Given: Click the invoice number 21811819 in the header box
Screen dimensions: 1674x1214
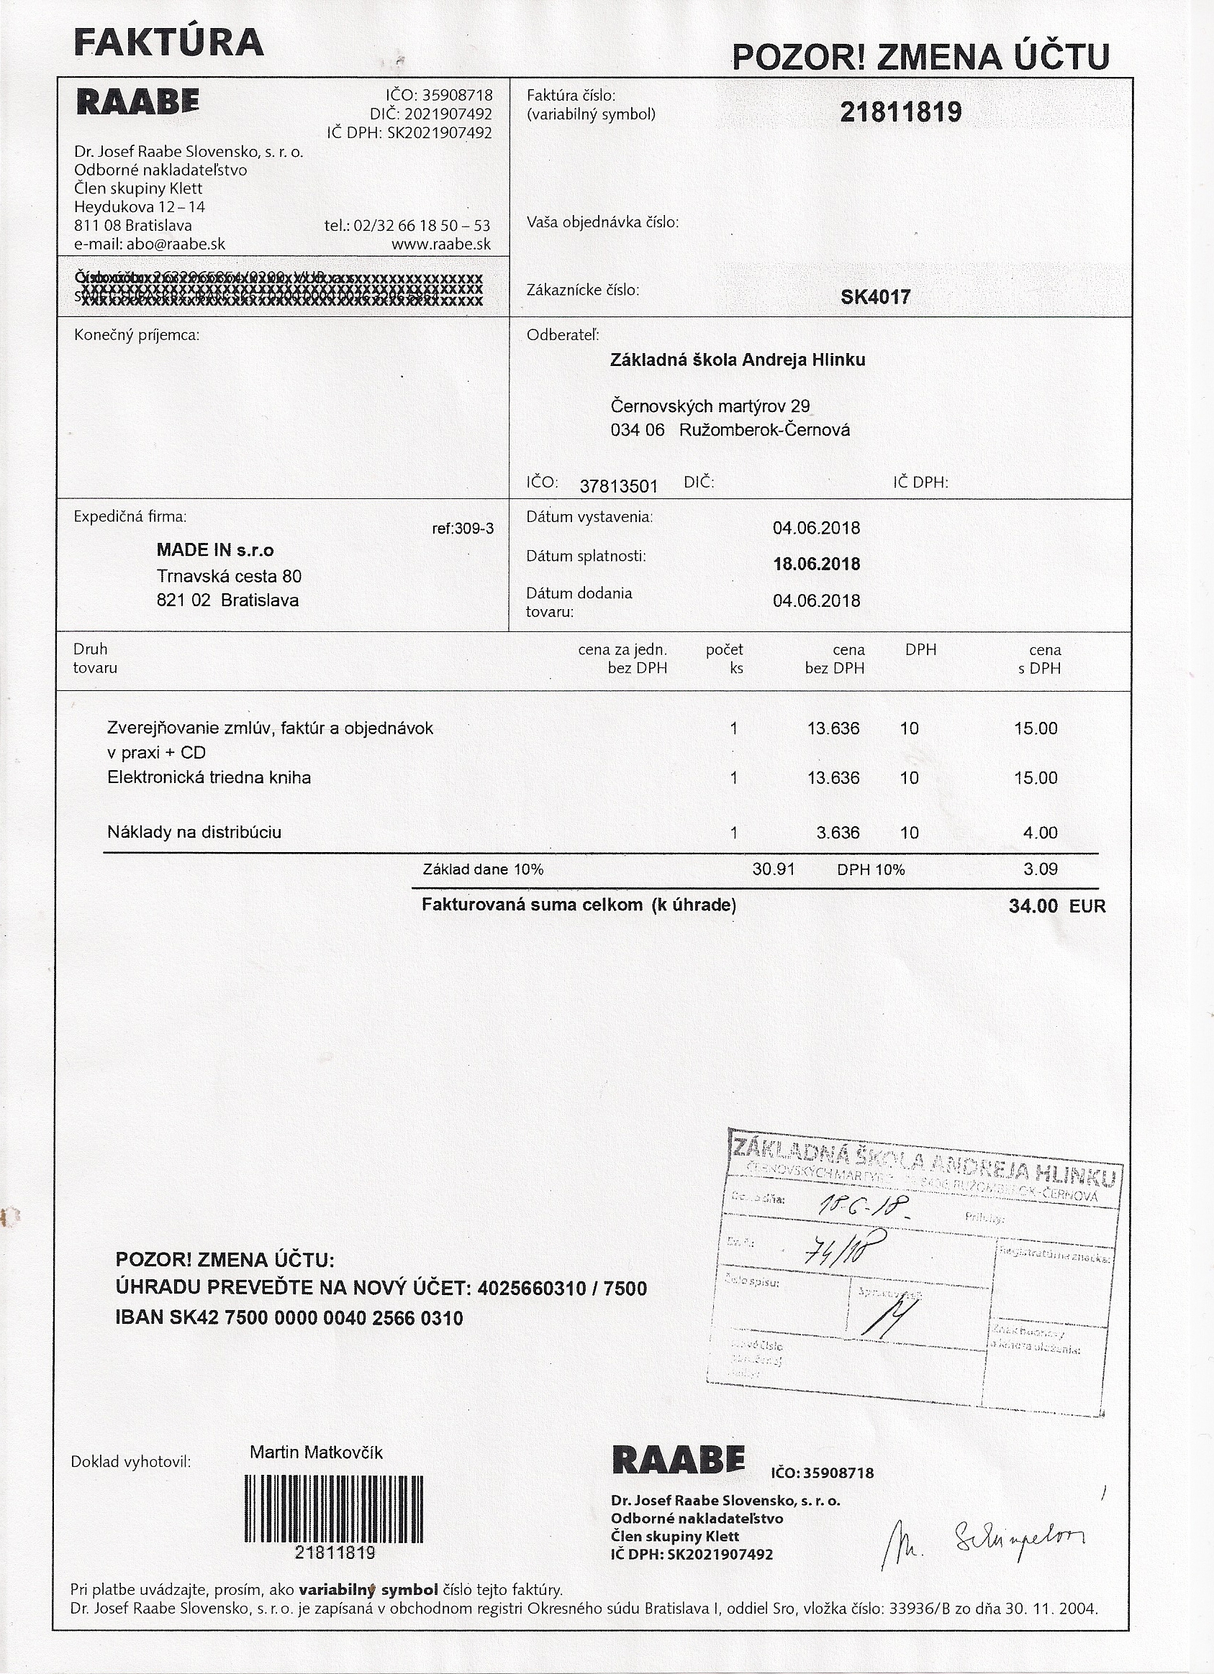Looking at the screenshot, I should click(900, 112).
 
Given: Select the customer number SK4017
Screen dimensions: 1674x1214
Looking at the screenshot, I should click(875, 298).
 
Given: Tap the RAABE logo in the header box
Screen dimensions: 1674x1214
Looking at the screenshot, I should click(137, 103).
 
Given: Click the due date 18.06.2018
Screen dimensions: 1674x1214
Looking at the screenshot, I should click(816, 564).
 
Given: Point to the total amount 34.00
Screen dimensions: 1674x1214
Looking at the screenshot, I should click(1033, 905).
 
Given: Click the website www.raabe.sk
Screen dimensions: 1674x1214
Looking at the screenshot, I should click(441, 244).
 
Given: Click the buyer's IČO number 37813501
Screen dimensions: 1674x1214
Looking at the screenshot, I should click(618, 485).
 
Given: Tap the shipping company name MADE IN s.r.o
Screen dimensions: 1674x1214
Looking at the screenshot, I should click(215, 550).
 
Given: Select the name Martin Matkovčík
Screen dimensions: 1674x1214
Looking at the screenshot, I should click(316, 1453).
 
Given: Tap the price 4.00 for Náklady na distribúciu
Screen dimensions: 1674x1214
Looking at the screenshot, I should click(1040, 833).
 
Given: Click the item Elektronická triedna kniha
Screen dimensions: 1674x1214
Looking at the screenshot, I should click(209, 777).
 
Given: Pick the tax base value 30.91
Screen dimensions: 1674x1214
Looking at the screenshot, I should click(773, 869).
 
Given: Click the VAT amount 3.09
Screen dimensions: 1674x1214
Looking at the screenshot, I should click(1040, 869).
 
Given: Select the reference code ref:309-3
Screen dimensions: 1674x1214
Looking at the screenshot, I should click(462, 529).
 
